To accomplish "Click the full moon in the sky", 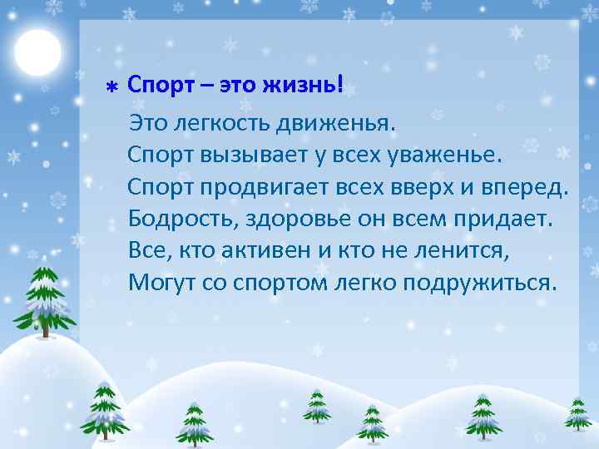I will (37, 52).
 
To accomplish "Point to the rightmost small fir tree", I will (577, 413).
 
